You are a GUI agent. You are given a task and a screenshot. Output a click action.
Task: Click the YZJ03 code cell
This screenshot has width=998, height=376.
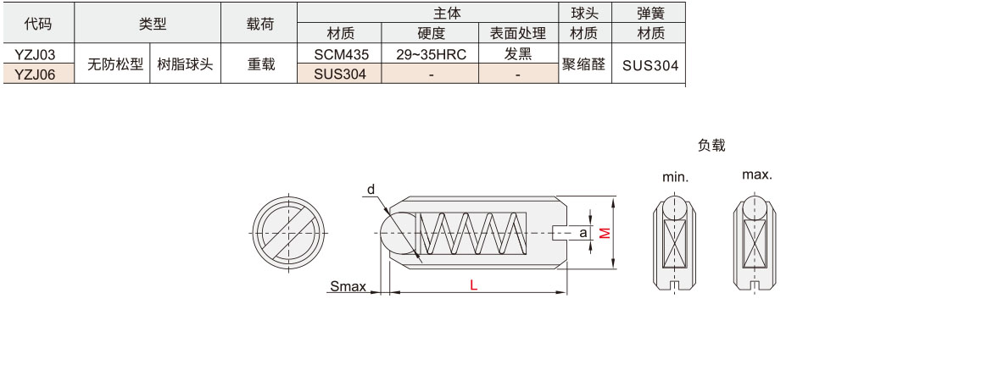click(36, 54)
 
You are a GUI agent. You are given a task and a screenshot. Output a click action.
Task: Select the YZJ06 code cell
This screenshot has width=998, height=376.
click(36, 74)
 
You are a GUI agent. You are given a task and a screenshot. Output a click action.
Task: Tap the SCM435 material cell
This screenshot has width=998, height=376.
click(339, 54)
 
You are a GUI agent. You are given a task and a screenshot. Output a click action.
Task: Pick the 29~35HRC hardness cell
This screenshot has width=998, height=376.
click(430, 54)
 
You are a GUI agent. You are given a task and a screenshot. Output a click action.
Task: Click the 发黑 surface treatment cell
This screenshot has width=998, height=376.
click(518, 54)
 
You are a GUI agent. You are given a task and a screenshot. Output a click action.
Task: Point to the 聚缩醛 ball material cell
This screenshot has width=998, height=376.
click(583, 64)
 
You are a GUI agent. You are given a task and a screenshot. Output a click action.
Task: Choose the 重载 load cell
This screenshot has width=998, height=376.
click(260, 64)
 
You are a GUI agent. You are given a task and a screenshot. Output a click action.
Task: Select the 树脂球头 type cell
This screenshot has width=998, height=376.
click(185, 64)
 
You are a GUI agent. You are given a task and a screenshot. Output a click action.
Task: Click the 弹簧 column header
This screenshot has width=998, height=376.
click(650, 13)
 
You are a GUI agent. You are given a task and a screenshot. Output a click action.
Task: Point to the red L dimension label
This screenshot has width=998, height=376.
click(474, 286)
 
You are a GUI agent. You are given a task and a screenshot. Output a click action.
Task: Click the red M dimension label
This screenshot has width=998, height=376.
click(605, 232)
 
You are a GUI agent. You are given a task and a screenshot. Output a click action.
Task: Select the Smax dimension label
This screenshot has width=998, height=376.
click(348, 286)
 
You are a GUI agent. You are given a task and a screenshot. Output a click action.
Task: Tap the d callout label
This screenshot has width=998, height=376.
click(371, 189)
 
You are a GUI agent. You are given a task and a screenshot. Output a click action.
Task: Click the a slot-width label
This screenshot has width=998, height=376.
click(583, 232)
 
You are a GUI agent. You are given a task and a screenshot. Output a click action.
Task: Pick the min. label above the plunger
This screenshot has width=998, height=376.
click(675, 178)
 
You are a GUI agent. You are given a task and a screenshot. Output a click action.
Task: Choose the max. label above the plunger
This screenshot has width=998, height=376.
click(756, 174)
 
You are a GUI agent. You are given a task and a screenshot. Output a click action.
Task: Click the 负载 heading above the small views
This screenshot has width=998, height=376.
click(711, 146)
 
